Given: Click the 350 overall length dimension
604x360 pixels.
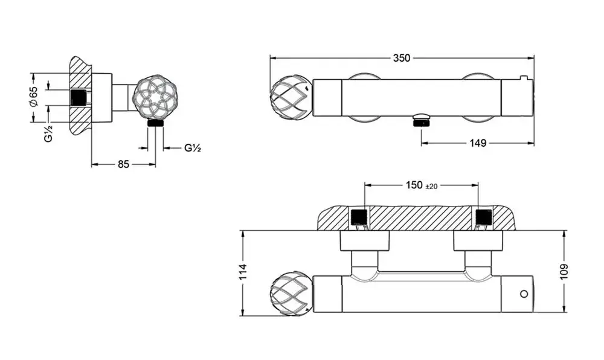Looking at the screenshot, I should tap(402, 58).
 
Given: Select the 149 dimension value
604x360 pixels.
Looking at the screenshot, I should tap(478, 143).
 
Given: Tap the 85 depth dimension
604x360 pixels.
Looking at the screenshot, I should tap(123, 164).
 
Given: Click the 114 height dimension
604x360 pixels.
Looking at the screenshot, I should tap(243, 272).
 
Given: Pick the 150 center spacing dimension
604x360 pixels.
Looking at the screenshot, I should tap(414, 185).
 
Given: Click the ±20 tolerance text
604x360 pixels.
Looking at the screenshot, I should tap(431, 186).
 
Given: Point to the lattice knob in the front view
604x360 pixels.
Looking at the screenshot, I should tap(290, 96).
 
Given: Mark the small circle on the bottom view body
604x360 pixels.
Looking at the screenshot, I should tap(523, 294).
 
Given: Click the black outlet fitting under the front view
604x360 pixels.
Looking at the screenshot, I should tap(420, 121).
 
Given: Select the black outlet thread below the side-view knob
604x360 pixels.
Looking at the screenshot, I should tap(156, 123).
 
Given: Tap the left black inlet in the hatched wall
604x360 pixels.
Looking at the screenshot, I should tap(359, 217).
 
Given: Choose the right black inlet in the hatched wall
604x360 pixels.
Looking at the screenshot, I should tap(484, 217).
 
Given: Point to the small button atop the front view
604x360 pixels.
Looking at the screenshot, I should tap(523, 77).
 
